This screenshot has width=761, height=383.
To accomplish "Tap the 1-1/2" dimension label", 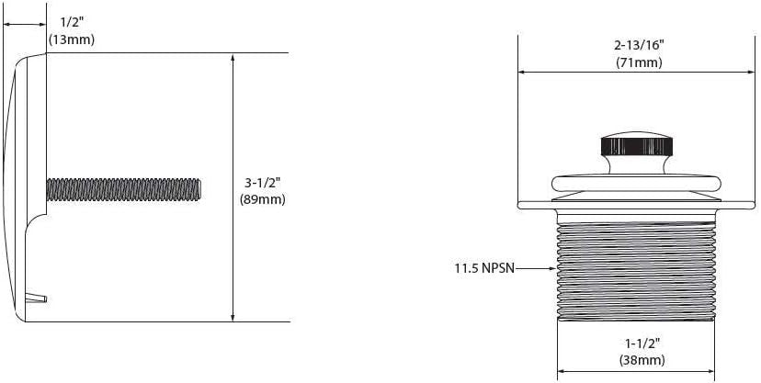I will (x=638, y=344).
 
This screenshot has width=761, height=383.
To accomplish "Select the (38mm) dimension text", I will (x=638, y=361).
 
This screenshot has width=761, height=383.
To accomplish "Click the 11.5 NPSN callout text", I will (x=483, y=269).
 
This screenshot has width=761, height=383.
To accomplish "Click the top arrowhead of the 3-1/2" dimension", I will (x=233, y=58).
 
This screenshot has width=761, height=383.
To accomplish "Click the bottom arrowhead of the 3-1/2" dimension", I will (x=233, y=317).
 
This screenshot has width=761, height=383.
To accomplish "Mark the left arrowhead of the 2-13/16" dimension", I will (x=523, y=72).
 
